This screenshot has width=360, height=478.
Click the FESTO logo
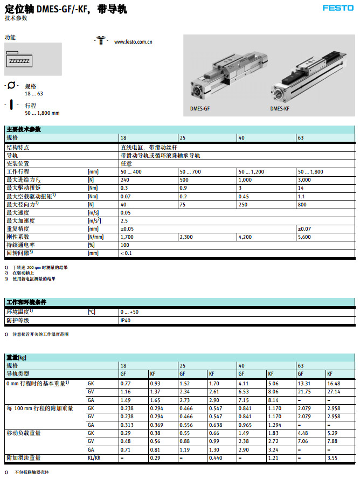pyautogui.click(x=337, y=8)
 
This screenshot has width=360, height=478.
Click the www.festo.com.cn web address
pyautogui.click(x=133, y=41)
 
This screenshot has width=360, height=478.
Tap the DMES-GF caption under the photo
pyautogui.click(x=200, y=108)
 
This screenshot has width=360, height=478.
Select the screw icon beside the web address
pyautogui.click(x=101, y=40)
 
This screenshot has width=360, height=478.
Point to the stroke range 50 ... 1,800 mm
pyautogui.click(x=42, y=113)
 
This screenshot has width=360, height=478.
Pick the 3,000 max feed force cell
pyautogui.click(x=304, y=179)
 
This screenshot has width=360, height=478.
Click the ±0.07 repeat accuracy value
pyautogui.click(x=304, y=228)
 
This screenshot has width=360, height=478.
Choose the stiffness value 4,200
pyautogui.click(x=245, y=237)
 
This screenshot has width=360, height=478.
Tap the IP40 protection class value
pyautogui.click(x=125, y=320)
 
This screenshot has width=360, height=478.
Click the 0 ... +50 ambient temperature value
pyautogui.click(x=129, y=312)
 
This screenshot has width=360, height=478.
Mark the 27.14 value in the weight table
pyautogui.click(x=334, y=391)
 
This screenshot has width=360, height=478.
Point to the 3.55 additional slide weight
pyautogui.click(x=331, y=458)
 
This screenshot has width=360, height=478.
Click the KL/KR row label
pyautogui.click(x=94, y=458)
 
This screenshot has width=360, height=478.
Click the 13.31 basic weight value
pyautogui.click(x=304, y=383)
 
